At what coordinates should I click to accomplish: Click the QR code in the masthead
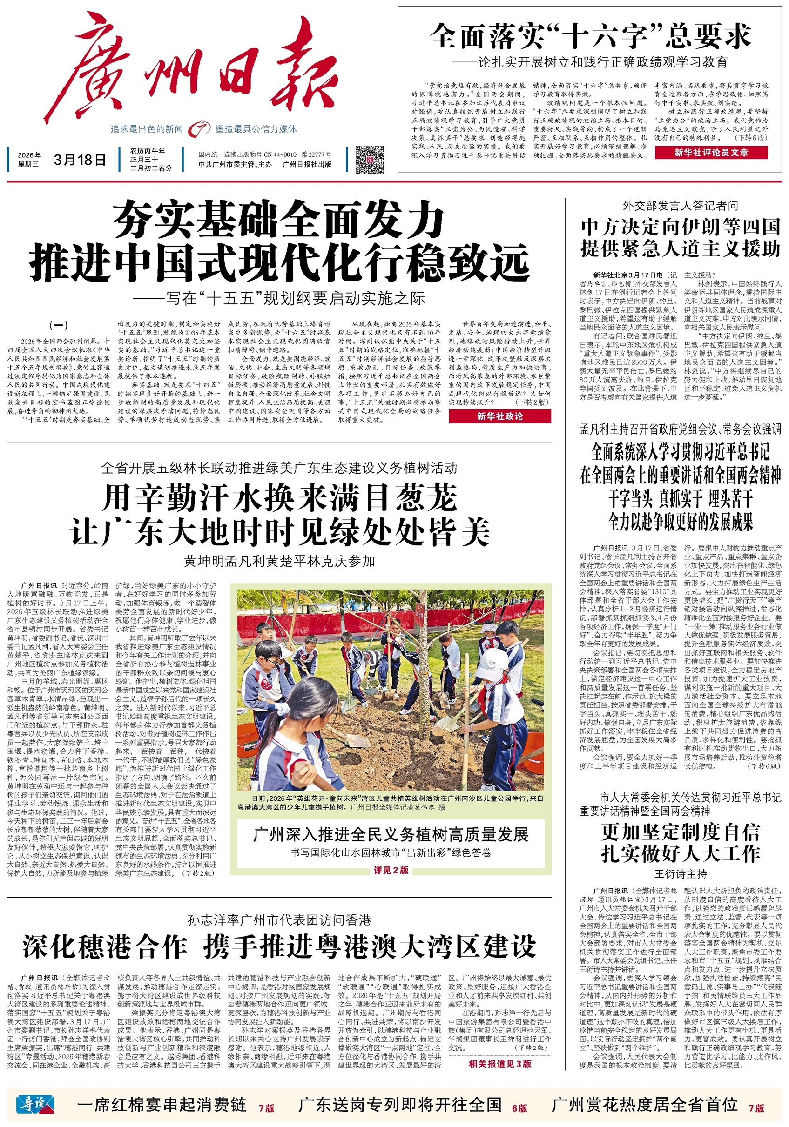[369, 159]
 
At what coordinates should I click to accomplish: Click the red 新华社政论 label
[499, 416]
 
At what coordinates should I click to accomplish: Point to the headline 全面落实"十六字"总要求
[590, 36]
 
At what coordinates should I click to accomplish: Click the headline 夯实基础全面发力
[279, 221]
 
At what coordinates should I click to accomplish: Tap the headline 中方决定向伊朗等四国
[680, 227]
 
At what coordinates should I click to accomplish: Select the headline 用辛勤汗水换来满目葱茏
[280, 497]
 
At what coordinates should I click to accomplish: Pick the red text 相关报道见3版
[499, 1063]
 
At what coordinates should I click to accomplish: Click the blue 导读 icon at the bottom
[35, 1104]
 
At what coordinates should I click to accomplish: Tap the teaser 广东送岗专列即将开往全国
[400, 1104]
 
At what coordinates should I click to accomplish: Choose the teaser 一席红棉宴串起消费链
[162, 1104]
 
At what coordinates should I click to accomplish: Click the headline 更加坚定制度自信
[680, 832]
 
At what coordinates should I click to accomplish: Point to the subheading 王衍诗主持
[680, 873]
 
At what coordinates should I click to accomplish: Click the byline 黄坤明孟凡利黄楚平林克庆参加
[279, 561]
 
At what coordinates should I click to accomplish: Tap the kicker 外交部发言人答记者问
[680, 206]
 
